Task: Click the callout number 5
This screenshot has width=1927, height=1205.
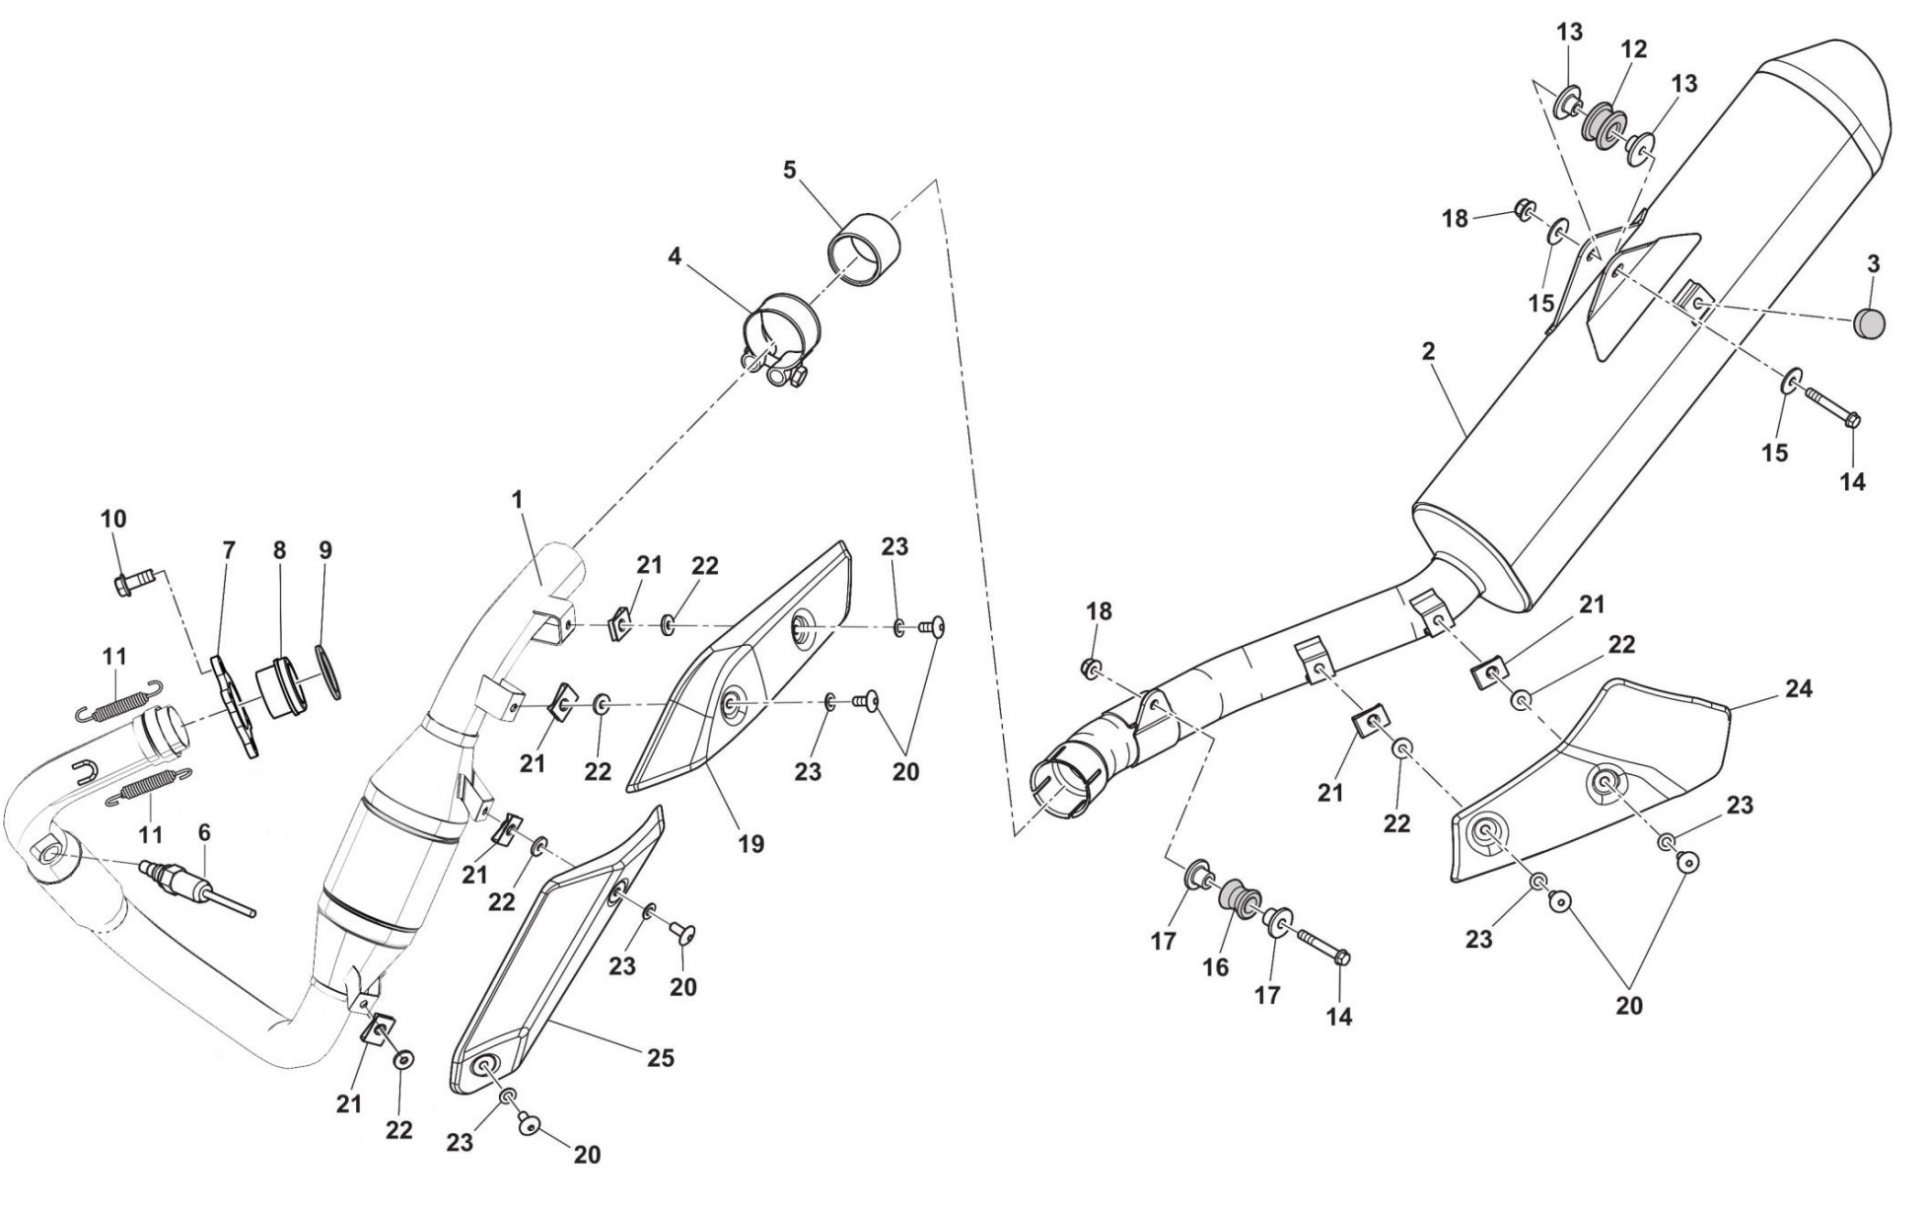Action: point(789,169)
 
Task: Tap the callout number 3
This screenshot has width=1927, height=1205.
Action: point(1873,264)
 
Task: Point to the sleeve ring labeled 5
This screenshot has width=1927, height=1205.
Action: point(866,248)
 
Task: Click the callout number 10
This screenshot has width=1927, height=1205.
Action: point(113,519)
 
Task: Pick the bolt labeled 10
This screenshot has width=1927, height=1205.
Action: point(131,583)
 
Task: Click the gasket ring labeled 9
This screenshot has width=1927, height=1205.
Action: point(327,671)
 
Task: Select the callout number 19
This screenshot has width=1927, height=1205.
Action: point(751,844)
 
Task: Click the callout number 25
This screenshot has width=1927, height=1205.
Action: point(660,1058)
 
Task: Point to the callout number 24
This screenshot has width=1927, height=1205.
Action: point(1799,689)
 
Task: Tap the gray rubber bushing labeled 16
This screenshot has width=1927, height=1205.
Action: point(1240,901)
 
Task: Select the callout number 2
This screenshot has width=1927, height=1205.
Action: point(1429,350)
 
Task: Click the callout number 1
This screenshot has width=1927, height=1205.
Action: point(517,500)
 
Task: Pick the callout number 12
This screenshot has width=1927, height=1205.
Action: point(1634,48)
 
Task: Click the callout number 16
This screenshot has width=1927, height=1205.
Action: point(1215,967)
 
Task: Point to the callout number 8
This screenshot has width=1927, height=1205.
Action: point(280,550)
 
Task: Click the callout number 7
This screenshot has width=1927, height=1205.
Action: point(229,550)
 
